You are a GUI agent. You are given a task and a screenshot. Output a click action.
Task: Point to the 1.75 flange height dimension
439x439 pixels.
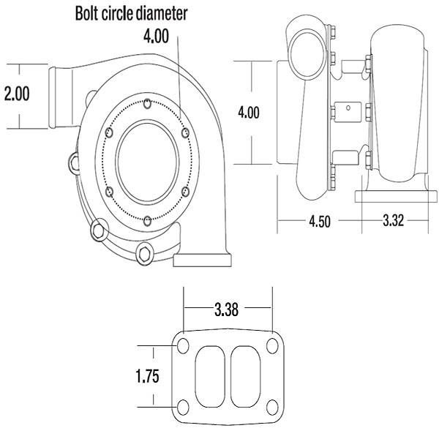(149, 376)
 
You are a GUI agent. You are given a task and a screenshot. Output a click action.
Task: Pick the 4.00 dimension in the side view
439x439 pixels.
(249, 113)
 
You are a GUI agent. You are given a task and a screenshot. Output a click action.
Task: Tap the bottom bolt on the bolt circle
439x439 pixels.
(148, 220)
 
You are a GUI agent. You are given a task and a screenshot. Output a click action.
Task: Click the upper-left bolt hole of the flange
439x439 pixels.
(184, 345)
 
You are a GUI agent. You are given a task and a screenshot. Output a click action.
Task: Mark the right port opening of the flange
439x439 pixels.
(245, 376)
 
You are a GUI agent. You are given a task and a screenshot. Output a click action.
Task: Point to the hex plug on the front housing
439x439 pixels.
(143, 255)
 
